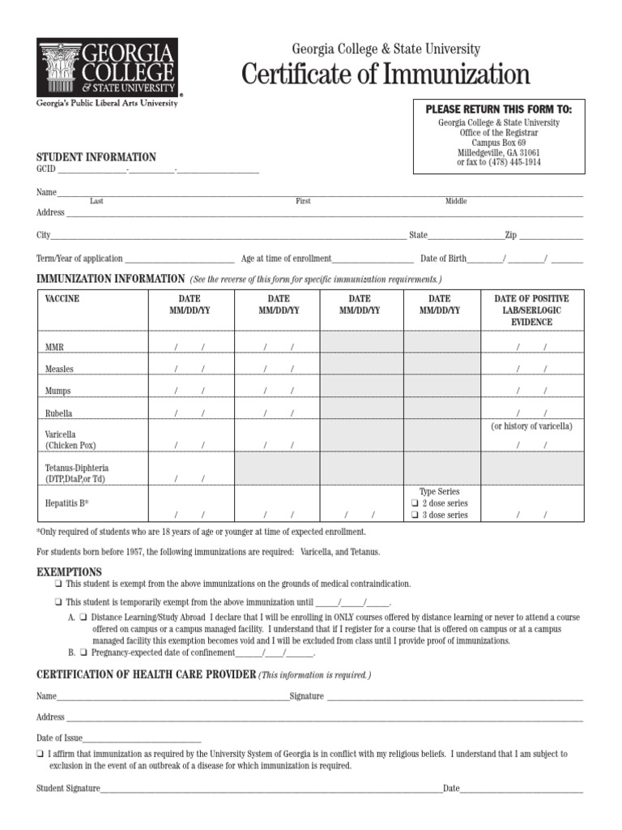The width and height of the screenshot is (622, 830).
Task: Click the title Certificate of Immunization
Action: [386, 75]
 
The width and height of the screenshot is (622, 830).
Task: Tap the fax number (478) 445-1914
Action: [509, 163]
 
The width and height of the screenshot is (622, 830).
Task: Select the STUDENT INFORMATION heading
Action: [96, 157]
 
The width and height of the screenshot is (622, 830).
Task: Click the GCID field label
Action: [45, 169]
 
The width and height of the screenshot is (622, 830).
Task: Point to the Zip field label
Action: [511, 235]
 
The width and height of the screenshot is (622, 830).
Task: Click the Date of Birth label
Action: [443, 259]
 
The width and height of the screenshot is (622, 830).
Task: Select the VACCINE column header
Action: [62, 299]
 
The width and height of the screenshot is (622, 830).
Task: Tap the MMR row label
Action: [54, 347]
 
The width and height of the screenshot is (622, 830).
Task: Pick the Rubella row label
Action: [59, 413]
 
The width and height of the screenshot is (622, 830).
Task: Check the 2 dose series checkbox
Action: [414, 503]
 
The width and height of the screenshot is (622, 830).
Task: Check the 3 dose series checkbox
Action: [414, 516]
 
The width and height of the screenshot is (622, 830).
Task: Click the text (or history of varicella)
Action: [531, 426]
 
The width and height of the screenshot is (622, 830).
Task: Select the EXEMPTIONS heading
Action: [69, 571]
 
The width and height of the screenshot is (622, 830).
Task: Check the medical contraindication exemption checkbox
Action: [59, 584]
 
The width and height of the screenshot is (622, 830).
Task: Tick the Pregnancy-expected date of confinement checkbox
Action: [83, 652]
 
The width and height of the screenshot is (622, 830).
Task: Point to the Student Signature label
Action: [68, 788]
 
